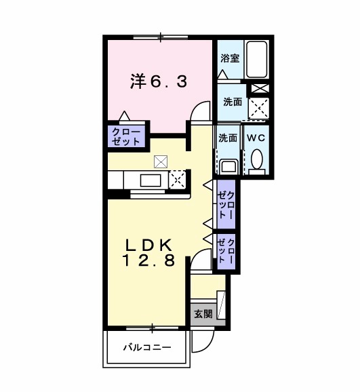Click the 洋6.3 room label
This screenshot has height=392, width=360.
[159, 81]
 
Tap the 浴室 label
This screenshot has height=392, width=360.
[230, 59]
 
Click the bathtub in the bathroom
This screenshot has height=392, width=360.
[257, 60]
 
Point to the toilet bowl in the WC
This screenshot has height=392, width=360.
[256, 159]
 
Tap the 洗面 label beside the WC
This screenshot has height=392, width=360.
[228, 138]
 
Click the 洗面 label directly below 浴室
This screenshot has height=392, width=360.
[233, 102]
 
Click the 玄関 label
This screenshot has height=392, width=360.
[203, 313]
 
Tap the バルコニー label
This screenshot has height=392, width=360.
[146, 348]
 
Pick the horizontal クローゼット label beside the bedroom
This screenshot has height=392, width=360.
[126, 136]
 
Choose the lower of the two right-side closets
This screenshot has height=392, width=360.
[226, 252]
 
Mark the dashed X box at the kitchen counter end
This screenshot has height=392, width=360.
[176, 180]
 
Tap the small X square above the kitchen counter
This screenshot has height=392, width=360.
[160, 161]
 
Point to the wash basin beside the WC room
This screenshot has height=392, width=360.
[228, 165]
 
